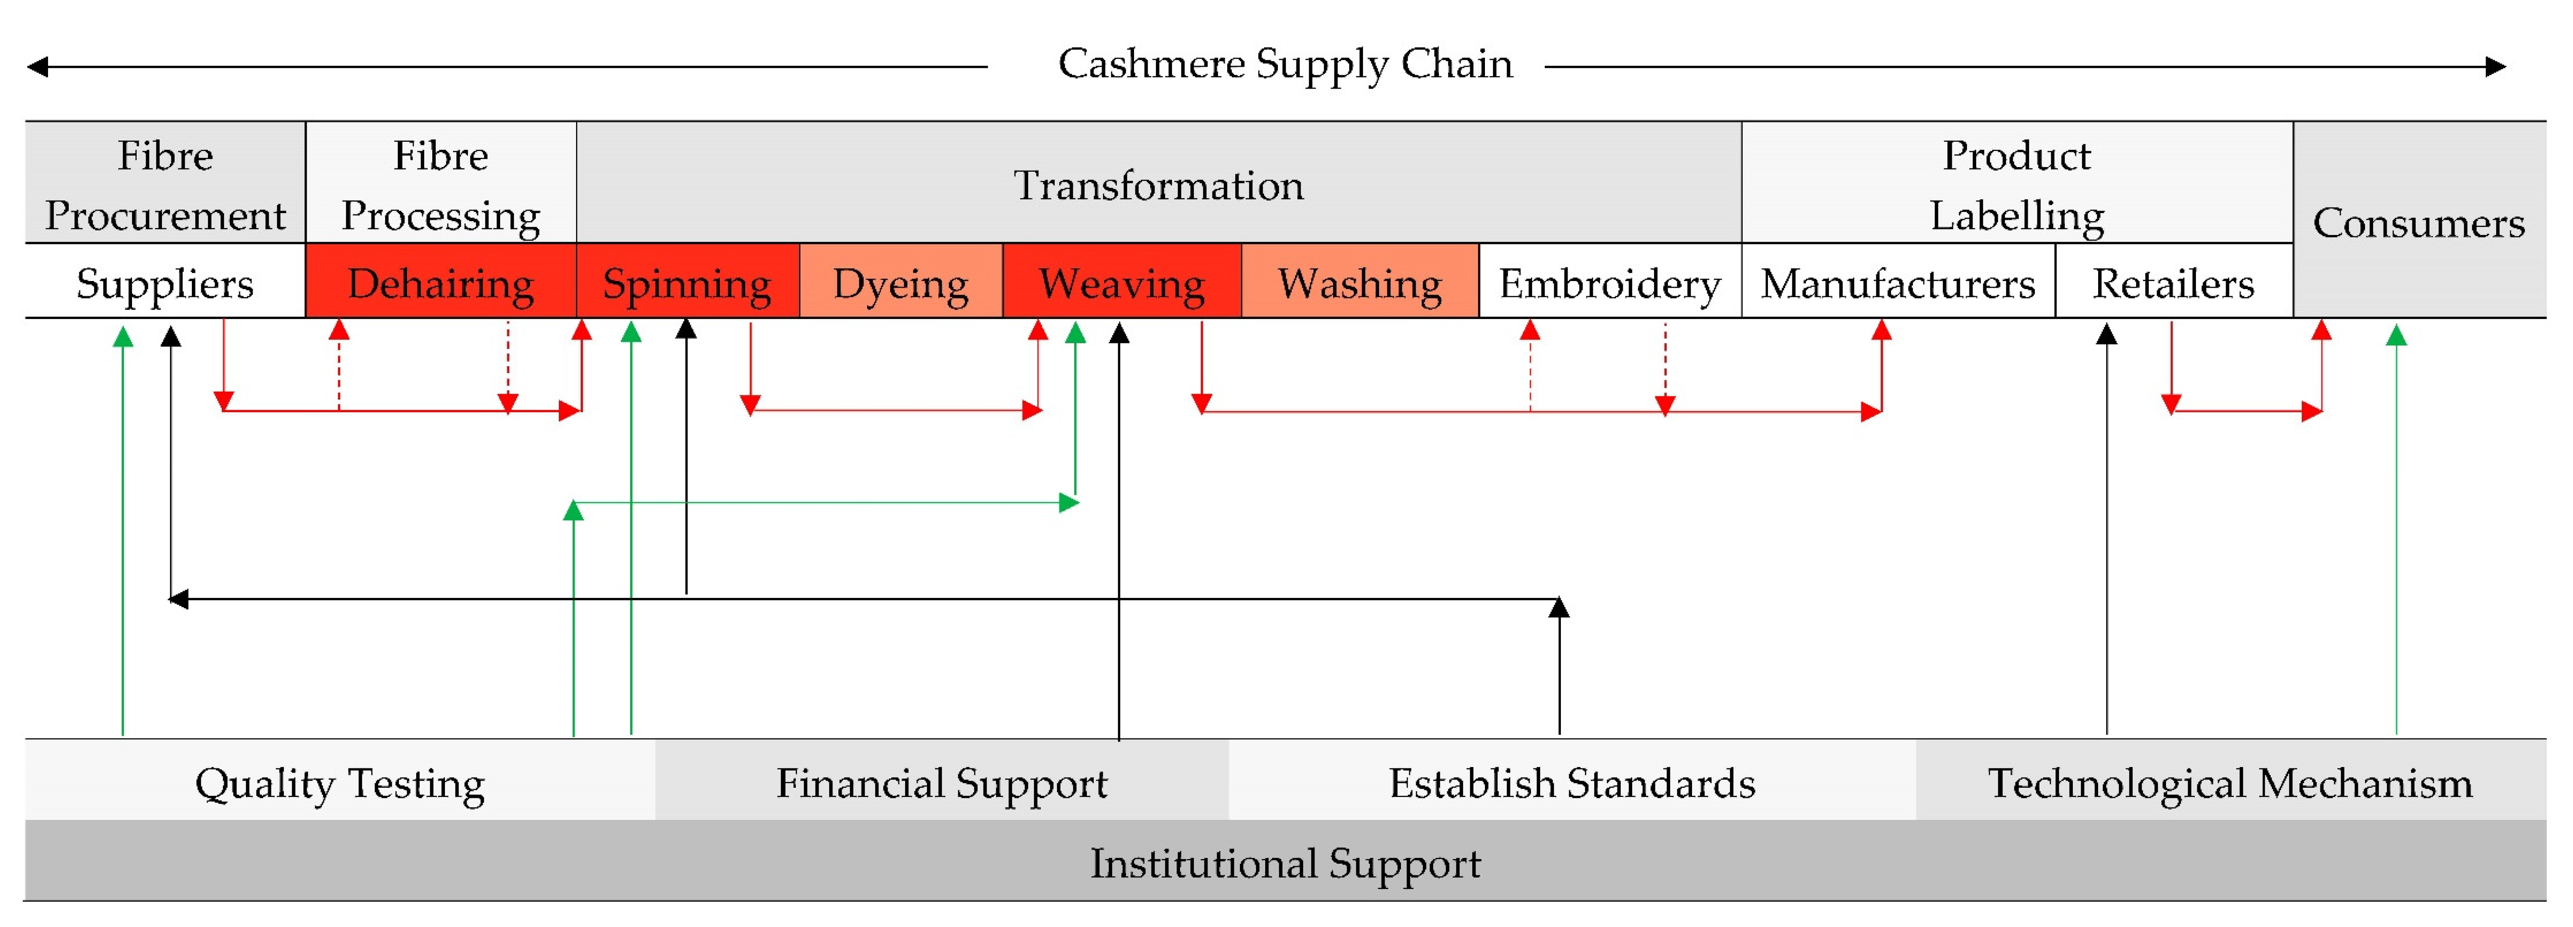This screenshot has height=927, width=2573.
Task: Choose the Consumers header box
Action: (2418, 222)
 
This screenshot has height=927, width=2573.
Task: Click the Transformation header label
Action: (1159, 185)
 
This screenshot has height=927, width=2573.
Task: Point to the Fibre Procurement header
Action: (165, 185)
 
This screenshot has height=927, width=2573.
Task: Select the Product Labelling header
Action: (2017, 185)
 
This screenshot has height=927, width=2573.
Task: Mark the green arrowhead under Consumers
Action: (2396, 335)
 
